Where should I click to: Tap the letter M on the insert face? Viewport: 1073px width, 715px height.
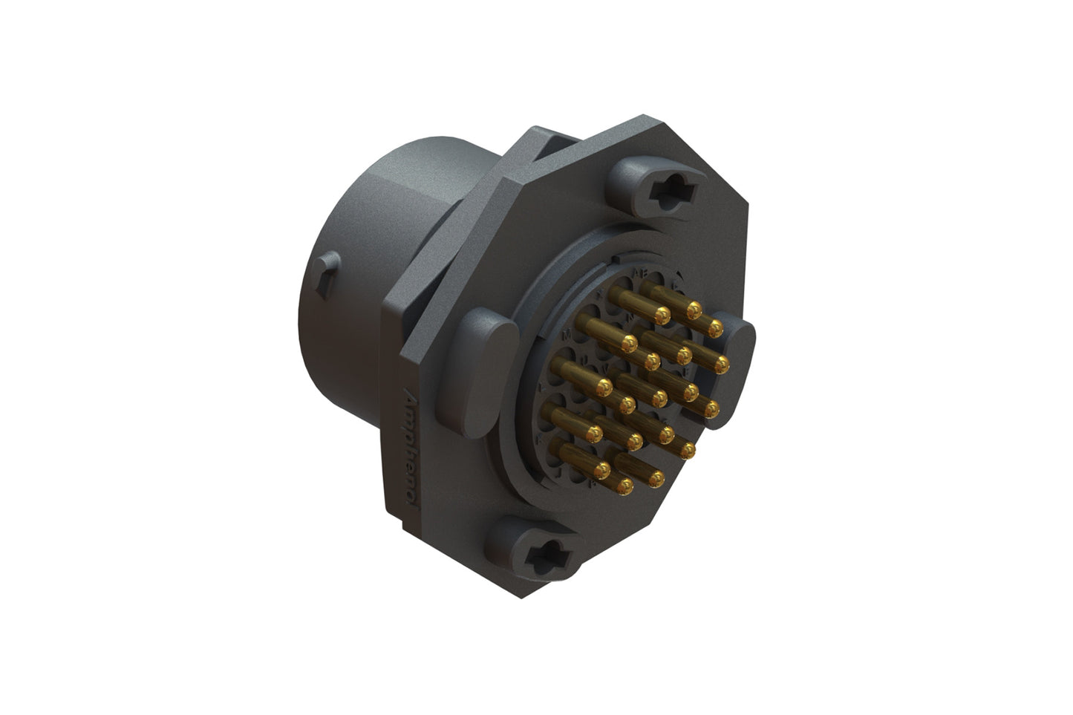coord(568,336)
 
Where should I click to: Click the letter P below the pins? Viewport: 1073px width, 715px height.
coord(592,483)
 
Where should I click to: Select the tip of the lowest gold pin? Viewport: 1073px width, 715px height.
coord(625,486)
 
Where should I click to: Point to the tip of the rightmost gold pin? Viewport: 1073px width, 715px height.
coord(721,363)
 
